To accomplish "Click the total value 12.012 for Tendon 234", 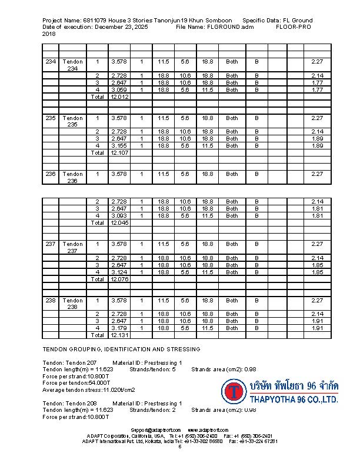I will pos(119,97).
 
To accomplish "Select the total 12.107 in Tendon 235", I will pos(119,153).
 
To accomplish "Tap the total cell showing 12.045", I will pos(119,223).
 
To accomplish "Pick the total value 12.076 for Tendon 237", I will pos(119,279).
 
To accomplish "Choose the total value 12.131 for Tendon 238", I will pos(119,335).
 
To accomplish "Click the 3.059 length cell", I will pos(119,90).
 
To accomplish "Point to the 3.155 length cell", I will pos(119,146).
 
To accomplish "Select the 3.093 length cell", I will pos(119,216).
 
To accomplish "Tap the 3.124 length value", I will pos(119,272).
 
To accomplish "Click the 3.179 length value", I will pos(119,328).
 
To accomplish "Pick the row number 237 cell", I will pos(51,244).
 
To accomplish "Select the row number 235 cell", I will pos(51,118).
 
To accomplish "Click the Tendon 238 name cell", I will pos(72,304).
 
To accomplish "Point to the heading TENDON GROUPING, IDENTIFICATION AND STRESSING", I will pos(121,349).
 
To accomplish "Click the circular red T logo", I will pos(235,391).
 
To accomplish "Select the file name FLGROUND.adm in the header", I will pos(231,27).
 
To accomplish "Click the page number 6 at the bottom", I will pos(180,447).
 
